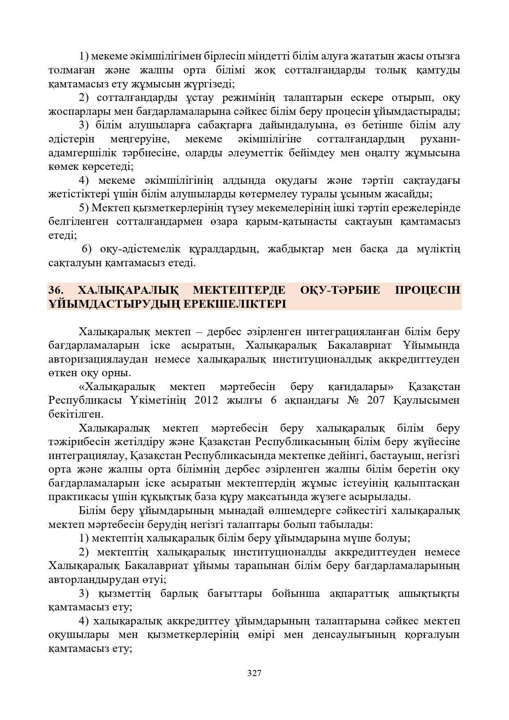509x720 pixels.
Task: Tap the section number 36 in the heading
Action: click(x=55, y=290)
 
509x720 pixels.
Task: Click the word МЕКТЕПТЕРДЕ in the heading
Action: click(x=239, y=290)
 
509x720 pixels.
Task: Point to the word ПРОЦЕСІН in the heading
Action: click(x=427, y=290)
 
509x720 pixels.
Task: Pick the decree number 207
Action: click(x=377, y=400)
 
